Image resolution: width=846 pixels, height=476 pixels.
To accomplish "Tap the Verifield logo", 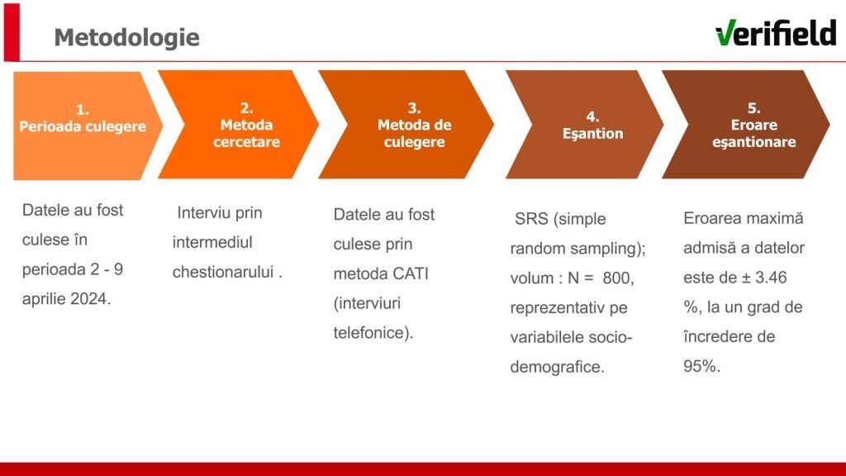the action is [775, 33].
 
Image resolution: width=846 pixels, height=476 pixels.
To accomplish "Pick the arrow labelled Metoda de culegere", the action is [406, 125].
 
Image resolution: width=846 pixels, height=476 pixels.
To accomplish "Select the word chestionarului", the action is [223, 272].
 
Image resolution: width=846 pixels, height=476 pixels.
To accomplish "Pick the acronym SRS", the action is [531, 219].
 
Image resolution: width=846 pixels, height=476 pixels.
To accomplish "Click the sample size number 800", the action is [615, 278].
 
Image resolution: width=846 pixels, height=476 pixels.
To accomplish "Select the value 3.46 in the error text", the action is [771, 278].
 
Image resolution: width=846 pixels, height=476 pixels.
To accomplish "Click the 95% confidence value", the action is [699, 366].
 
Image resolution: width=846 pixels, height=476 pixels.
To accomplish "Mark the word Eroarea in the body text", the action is [710, 218].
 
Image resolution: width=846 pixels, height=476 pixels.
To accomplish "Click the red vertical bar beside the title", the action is [12, 32].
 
